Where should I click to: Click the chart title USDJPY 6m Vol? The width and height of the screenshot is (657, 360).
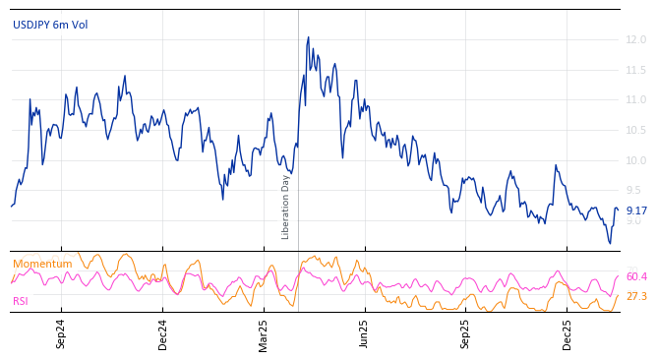[50, 25]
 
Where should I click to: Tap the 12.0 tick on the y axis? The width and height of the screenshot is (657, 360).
[636, 40]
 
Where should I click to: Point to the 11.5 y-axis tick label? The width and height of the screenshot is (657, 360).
[636, 71]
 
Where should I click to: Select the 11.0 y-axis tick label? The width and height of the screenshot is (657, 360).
[636, 100]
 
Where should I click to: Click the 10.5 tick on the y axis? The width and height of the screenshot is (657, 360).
[636, 131]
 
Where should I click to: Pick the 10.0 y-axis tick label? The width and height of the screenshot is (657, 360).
[636, 161]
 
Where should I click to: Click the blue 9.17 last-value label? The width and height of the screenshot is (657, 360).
[636, 211]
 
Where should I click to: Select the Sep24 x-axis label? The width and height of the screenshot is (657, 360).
[61, 333]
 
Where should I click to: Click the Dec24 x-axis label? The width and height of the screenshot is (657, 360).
[163, 333]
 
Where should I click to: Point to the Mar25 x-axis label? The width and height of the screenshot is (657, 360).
[264, 333]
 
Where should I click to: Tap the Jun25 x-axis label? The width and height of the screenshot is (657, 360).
[364, 333]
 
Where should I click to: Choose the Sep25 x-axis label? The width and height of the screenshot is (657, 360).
[466, 333]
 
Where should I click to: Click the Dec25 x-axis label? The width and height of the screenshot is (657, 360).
[567, 333]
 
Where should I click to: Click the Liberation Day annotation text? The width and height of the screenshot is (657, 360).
[286, 207]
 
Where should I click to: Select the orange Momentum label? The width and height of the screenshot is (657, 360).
[42, 265]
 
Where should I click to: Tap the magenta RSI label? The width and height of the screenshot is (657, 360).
[21, 302]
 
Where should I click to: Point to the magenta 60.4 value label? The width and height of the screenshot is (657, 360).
[636, 277]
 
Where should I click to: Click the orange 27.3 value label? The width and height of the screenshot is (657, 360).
[636, 297]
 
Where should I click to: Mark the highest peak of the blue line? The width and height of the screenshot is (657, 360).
[308, 37]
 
